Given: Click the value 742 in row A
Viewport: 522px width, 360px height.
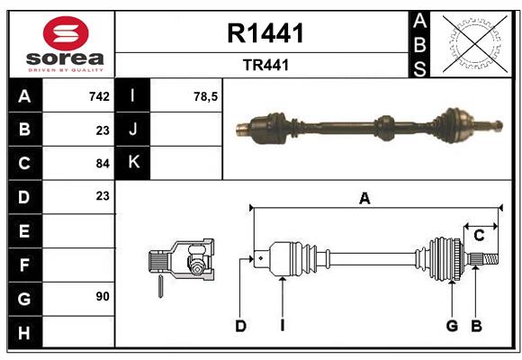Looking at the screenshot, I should point(99,96).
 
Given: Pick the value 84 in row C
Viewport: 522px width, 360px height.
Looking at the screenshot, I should point(102,163).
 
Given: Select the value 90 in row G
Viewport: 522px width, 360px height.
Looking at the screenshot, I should point(102,296).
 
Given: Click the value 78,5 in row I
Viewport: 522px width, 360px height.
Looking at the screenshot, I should point(206,96).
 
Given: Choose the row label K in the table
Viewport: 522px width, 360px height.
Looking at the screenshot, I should point(133,163).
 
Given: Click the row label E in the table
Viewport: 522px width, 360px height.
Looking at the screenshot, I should point(24,231).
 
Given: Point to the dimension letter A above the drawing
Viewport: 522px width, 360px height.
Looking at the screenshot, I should point(364,199).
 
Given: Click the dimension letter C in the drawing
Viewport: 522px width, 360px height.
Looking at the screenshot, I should point(480,235).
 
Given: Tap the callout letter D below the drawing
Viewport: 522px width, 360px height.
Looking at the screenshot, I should point(240,326).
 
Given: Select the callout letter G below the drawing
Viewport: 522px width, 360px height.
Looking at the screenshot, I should point(452,326).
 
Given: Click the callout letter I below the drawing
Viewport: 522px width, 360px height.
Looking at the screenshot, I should point(282,326).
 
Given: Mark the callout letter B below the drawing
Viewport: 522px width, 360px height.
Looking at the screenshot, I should point(476,326).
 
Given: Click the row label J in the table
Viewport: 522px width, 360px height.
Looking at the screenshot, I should point(133,130).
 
